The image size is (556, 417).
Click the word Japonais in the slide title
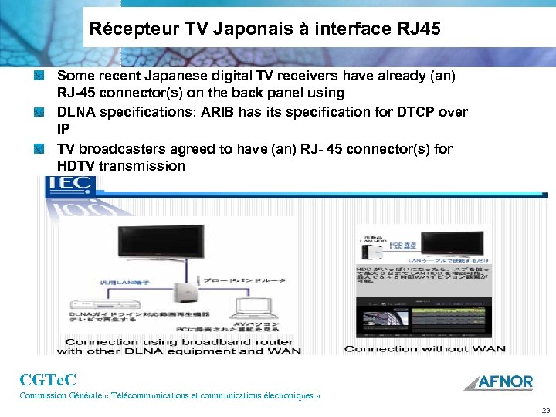[x=219, y=30]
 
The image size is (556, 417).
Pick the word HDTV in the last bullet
[x=76, y=166]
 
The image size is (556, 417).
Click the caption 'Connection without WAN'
[x=425, y=349]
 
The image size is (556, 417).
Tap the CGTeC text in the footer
[x=48, y=379]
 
